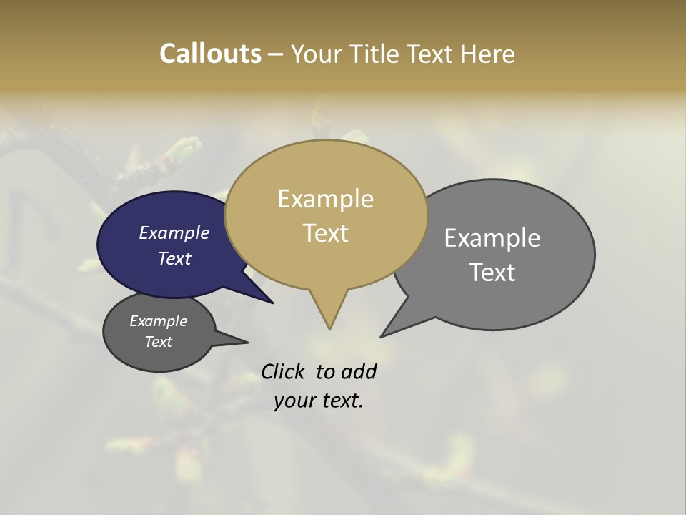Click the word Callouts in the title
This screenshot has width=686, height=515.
pos(210,54)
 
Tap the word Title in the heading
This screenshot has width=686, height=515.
pos(378,54)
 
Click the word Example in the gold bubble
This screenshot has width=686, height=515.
pos(325,199)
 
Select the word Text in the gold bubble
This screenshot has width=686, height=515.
pos(326,233)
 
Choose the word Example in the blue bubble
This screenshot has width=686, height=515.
pos(174,233)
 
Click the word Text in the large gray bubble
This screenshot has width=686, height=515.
pos(492,272)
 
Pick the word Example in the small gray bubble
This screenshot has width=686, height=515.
pos(158,321)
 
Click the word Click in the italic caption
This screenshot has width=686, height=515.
pos(284,372)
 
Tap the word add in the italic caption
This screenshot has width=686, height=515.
pos(359,372)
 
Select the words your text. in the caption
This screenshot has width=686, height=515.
pos(318,401)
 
